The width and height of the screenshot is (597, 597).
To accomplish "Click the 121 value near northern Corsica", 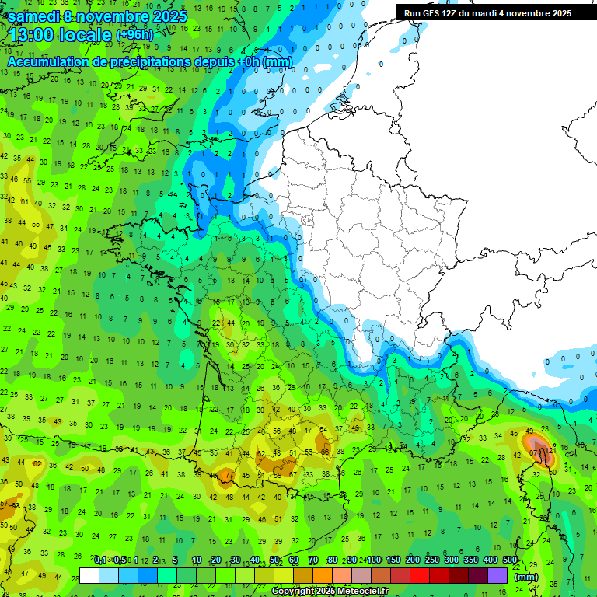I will click(550, 450).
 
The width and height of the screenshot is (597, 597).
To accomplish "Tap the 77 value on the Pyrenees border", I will click(229, 475).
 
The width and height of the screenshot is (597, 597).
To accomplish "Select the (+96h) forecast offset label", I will click(134, 35).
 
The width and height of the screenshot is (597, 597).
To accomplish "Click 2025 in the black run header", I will click(557, 13).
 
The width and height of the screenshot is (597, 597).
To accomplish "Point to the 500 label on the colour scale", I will click(510, 560).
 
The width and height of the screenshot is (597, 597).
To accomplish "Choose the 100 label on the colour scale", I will click(374, 560).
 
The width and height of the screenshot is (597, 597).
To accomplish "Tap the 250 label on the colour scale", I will click(432, 560).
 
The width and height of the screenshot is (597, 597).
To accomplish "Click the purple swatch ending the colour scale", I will click(497, 575).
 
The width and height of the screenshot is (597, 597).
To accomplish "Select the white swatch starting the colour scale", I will click(89, 575).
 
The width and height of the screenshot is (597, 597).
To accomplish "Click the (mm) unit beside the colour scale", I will click(526, 577).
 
